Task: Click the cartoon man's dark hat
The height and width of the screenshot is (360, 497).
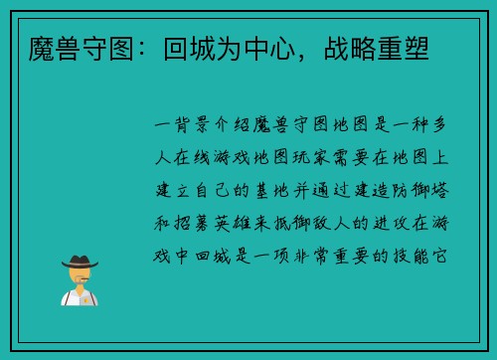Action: pyautogui.click(x=81, y=261)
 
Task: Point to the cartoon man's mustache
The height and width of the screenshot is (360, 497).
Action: pyautogui.click(x=81, y=280)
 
